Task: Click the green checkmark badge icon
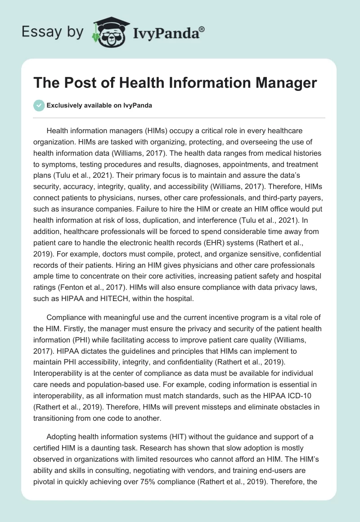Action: pos(39,105)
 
